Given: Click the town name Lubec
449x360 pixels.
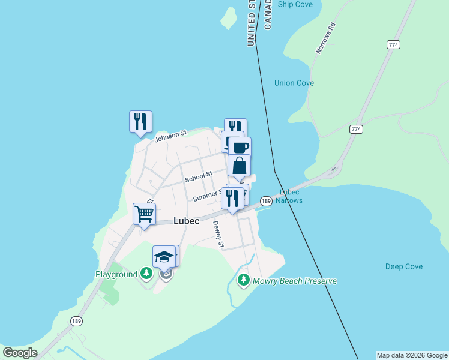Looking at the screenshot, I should [186, 221].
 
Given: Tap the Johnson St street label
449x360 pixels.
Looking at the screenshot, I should [171, 136].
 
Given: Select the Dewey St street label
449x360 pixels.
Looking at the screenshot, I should [218, 235].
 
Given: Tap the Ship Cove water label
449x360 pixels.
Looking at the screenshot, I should [295, 4].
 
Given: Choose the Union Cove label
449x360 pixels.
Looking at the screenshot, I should [294, 83].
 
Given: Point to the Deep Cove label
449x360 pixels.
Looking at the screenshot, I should [404, 266].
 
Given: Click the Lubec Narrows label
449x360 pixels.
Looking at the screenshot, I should [291, 196].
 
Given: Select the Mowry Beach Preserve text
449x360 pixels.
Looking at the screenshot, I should [295, 281].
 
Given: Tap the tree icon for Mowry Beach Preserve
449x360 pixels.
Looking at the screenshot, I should [243, 280].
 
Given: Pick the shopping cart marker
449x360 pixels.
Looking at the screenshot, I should [144, 214].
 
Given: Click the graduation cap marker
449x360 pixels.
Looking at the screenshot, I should [164, 256].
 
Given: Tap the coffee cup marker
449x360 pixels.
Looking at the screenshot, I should [240, 147].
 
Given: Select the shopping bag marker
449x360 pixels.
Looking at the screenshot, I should [239, 165].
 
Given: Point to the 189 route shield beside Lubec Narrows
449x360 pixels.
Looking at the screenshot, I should [266, 201].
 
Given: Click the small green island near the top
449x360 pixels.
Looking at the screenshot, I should [228, 19].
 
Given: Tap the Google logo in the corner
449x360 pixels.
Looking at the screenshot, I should [20, 353].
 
